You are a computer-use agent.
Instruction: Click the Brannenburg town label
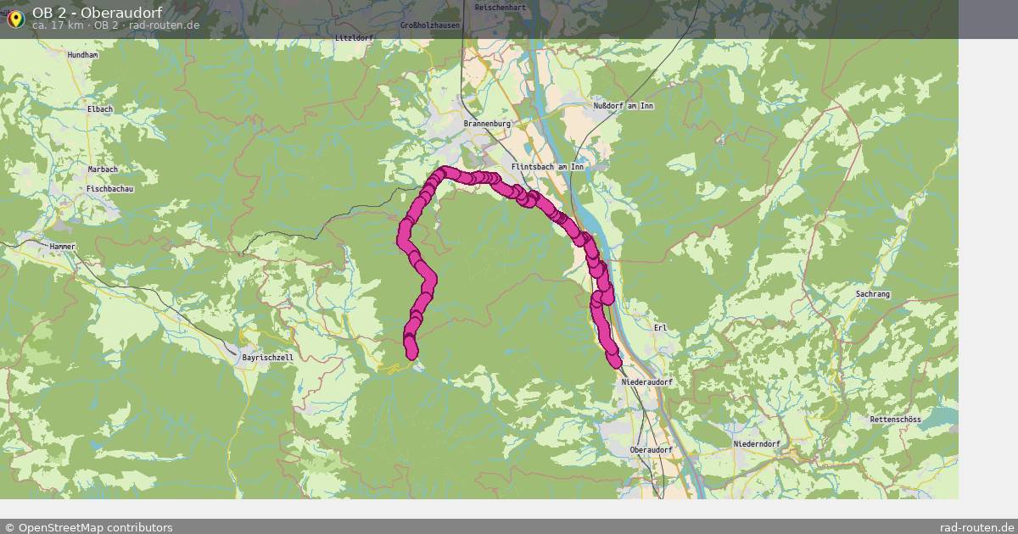(x=487, y=124)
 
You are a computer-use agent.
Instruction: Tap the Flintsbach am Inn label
(x=547, y=167)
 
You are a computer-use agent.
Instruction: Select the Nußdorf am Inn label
(x=624, y=106)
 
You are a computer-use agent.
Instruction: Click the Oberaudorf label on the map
(x=652, y=449)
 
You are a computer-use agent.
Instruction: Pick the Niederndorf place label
(x=757, y=444)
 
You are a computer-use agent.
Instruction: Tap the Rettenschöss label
(x=895, y=420)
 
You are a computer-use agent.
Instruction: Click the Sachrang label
(x=873, y=293)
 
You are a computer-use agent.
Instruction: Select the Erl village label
(x=661, y=327)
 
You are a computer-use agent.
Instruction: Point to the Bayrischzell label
(x=268, y=358)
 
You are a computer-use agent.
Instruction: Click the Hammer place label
(x=63, y=246)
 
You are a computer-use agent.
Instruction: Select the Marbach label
(x=103, y=170)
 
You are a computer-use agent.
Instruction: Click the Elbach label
(x=99, y=109)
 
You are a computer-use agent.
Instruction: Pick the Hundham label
(x=82, y=55)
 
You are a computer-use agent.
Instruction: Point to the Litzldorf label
(x=354, y=38)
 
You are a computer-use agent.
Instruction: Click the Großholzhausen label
(x=430, y=25)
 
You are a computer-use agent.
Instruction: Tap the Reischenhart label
(x=501, y=7)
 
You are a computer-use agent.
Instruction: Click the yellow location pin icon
(x=14, y=19)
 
